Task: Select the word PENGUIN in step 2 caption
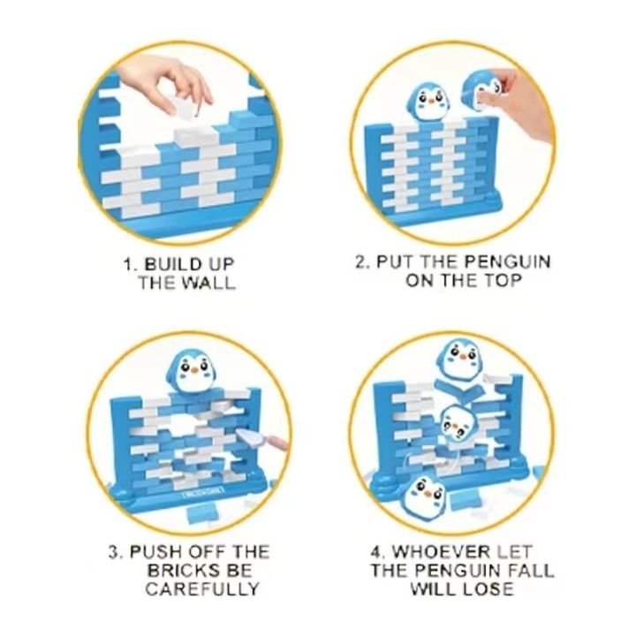pos(507,261)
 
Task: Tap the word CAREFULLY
pos(202,589)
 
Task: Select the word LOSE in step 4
pos(488,589)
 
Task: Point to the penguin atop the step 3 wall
pos(191,372)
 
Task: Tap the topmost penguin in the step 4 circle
pos(460,359)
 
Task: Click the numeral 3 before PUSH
pos(114,552)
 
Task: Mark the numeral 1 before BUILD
pos(129,264)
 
